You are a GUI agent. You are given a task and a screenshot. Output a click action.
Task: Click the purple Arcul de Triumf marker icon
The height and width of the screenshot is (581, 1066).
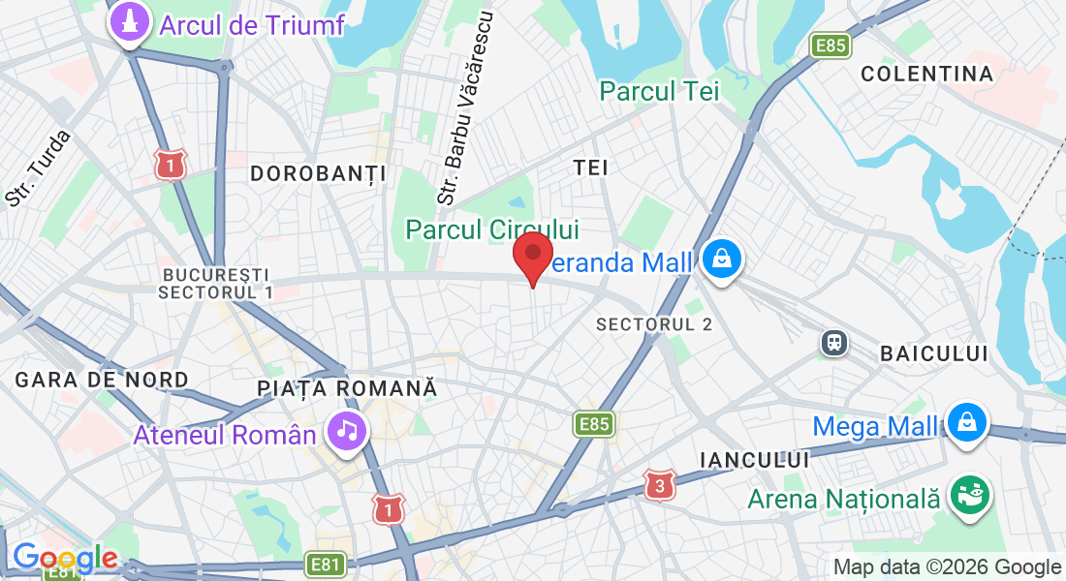pos(129,24)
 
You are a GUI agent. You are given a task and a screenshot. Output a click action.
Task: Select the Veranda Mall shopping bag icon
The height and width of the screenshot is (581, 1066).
pos(723,259)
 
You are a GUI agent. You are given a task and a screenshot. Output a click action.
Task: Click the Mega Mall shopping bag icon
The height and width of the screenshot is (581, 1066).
pos(967,421)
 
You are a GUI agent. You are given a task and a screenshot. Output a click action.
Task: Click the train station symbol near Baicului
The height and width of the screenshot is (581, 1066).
pos(832,342)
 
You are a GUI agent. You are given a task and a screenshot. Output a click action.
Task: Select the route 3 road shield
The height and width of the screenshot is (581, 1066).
pos(660,485)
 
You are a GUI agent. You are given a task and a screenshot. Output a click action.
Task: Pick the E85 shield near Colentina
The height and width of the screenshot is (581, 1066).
pos(831,46)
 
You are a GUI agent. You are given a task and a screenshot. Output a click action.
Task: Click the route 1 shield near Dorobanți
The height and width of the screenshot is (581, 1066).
pos(170,166)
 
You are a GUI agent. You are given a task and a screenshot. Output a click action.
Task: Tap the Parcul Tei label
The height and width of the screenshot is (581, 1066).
pos(659,92)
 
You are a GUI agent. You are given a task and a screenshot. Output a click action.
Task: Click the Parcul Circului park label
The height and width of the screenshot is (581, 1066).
pos(492,229)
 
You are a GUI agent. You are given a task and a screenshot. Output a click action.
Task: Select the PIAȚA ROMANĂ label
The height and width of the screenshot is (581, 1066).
pos(347,388)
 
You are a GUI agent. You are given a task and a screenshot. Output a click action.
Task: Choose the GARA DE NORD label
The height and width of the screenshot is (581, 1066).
pos(102,380)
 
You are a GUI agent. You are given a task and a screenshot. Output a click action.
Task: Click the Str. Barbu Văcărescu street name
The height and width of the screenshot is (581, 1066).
pos(467,107)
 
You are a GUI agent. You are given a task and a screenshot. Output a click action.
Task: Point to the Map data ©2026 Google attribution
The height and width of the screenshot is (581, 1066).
pos(947,566)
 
